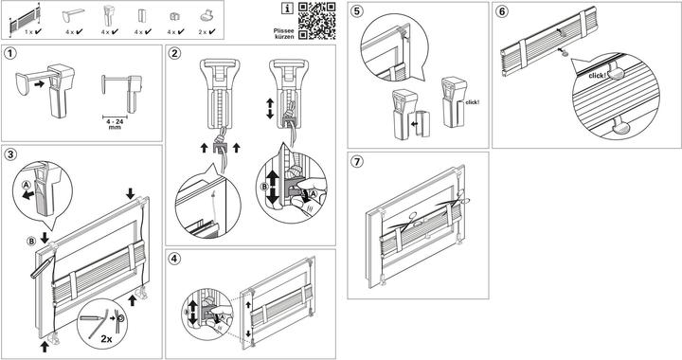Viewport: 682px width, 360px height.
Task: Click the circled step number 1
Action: (x=10, y=53)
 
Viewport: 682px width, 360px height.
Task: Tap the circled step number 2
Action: (x=175, y=53)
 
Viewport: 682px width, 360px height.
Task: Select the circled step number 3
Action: (x=10, y=153)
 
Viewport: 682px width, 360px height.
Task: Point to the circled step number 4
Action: (x=174, y=259)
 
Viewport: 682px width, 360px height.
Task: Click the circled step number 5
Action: (x=357, y=10)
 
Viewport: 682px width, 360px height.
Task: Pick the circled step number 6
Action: (x=502, y=10)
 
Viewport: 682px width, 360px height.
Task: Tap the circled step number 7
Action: (x=357, y=162)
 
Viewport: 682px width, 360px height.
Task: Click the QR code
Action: (x=317, y=21)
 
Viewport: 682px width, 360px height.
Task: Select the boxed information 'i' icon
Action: (x=287, y=8)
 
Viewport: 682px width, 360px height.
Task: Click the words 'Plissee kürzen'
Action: (x=283, y=34)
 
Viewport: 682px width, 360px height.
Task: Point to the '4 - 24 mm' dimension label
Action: (x=115, y=125)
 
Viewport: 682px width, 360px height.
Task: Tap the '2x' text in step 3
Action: (x=106, y=338)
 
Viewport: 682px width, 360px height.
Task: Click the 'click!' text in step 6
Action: (x=597, y=76)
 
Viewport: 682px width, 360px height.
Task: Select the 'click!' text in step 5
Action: (x=472, y=102)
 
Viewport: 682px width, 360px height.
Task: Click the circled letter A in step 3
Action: (x=27, y=185)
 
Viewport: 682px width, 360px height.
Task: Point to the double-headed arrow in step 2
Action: (x=270, y=109)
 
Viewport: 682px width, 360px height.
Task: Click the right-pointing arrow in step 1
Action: (x=40, y=83)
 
